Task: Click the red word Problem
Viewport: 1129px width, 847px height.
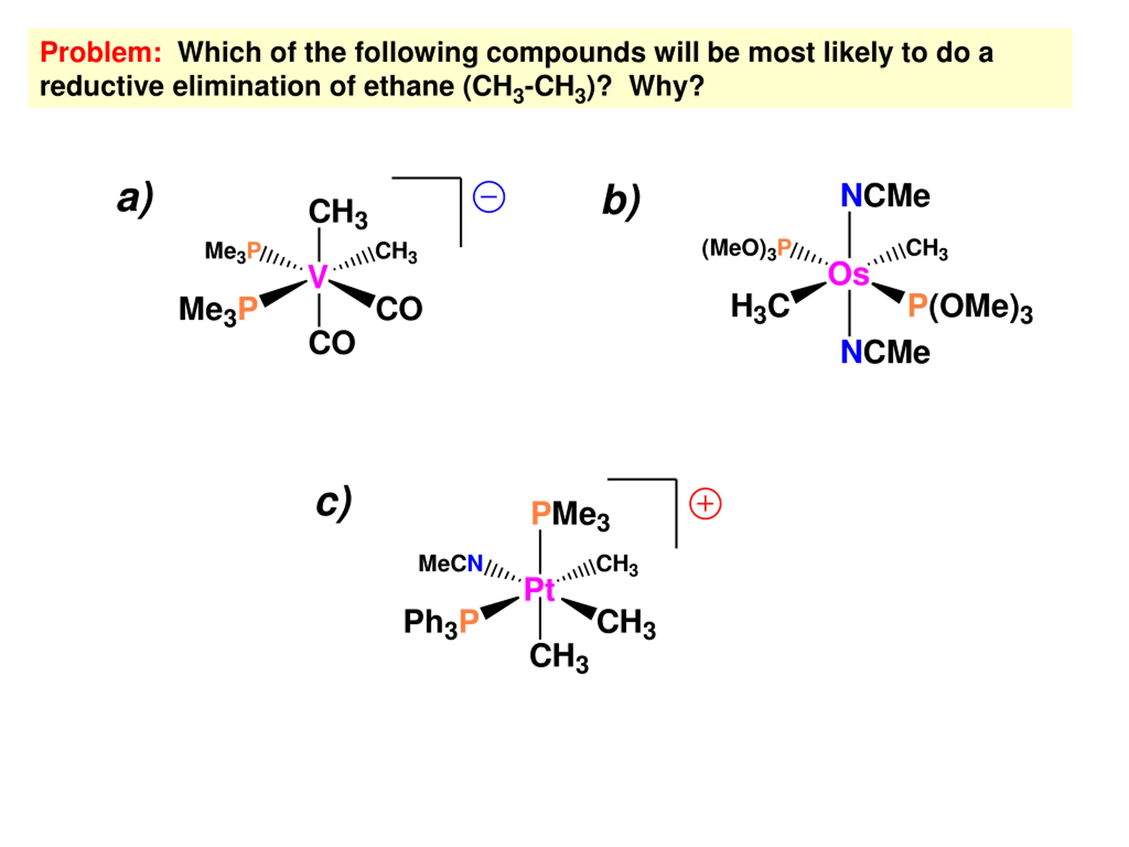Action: [101, 52]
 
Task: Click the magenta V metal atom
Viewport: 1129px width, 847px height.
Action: [318, 277]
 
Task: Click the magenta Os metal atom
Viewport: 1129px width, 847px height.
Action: [848, 274]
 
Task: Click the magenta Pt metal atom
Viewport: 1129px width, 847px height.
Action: [539, 590]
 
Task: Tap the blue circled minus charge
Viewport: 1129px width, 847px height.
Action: [489, 197]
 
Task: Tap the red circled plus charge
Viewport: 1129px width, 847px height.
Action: [705, 504]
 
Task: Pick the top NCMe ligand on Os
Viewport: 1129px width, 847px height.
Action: [885, 196]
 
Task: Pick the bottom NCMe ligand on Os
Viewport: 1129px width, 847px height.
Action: [885, 352]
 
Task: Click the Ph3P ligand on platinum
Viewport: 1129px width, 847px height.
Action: [441, 622]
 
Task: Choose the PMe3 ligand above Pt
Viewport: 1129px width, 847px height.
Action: [570, 514]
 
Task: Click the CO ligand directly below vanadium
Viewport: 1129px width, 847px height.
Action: [331, 343]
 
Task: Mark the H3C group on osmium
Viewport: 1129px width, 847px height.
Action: [759, 307]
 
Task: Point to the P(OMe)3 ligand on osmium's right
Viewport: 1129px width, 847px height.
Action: [970, 308]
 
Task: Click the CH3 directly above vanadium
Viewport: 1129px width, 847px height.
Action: [337, 212]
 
